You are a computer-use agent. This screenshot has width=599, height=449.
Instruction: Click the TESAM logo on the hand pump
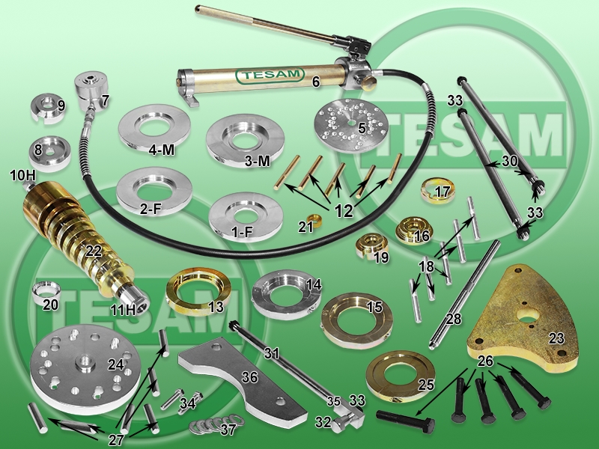[270, 76]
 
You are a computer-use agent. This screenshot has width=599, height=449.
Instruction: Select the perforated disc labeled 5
[350, 126]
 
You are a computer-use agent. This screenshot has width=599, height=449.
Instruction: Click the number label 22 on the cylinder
[94, 251]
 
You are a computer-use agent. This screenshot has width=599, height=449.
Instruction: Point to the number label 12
[344, 211]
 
